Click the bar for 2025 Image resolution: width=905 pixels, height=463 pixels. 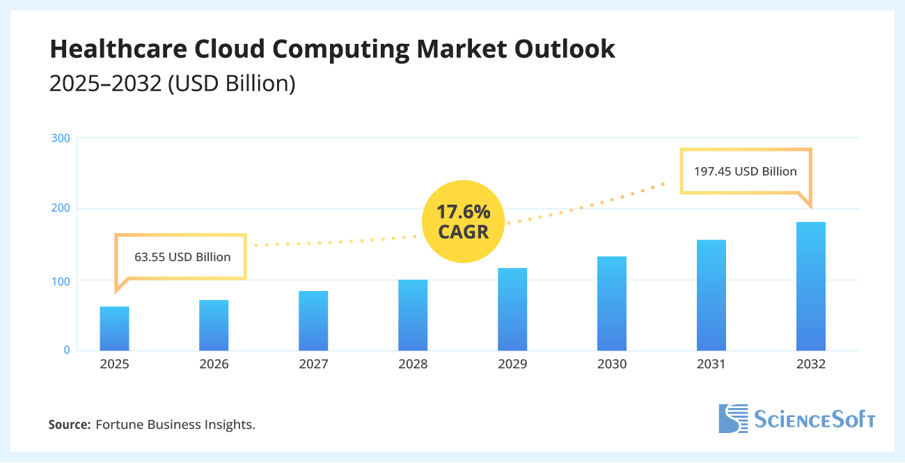(114, 329)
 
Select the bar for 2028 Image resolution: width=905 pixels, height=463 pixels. (413, 315)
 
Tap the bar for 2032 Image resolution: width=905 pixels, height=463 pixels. (811, 286)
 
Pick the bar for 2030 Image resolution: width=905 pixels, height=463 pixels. (612, 304)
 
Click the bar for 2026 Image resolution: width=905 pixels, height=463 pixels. (214, 325)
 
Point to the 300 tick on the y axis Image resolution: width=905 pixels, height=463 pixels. (61, 138)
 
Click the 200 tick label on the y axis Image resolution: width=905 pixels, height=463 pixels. (61, 209)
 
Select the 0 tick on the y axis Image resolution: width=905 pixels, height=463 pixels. (67, 350)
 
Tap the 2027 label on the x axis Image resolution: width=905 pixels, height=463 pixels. (313, 364)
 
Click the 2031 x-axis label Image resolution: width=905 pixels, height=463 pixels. (711, 364)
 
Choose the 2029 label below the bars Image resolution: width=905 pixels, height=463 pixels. (512, 364)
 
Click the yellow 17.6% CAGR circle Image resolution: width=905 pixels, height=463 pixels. (463, 221)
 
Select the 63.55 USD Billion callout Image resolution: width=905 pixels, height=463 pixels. (182, 257)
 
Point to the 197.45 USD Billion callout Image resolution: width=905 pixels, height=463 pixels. (746, 171)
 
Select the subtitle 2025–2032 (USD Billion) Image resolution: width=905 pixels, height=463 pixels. (173, 84)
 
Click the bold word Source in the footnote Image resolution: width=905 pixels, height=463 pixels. (69, 424)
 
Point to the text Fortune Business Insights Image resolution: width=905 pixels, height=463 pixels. (175, 424)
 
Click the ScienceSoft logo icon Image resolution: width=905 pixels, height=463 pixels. (732, 418)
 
